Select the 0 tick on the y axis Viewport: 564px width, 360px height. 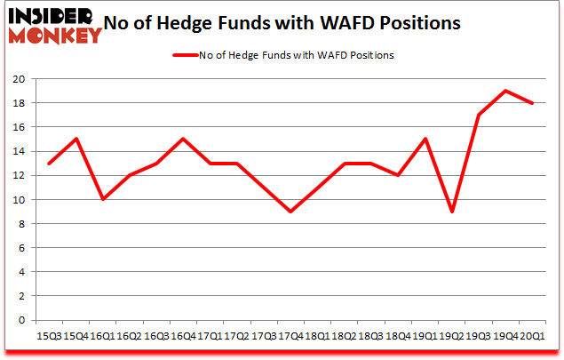(x=20, y=320)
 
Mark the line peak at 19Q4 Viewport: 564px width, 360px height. (x=505, y=91)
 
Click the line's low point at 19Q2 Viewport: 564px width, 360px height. (x=451, y=212)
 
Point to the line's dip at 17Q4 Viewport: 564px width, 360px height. (x=290, y=212)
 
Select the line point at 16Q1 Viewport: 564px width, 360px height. (x=104, y=199)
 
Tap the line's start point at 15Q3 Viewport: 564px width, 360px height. (x=50, y=164)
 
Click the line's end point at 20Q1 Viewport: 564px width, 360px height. (x=532, y=103)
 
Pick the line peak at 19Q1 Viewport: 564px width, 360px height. (x=425, y=139)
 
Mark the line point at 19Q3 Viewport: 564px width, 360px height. (x=479, y=115)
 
